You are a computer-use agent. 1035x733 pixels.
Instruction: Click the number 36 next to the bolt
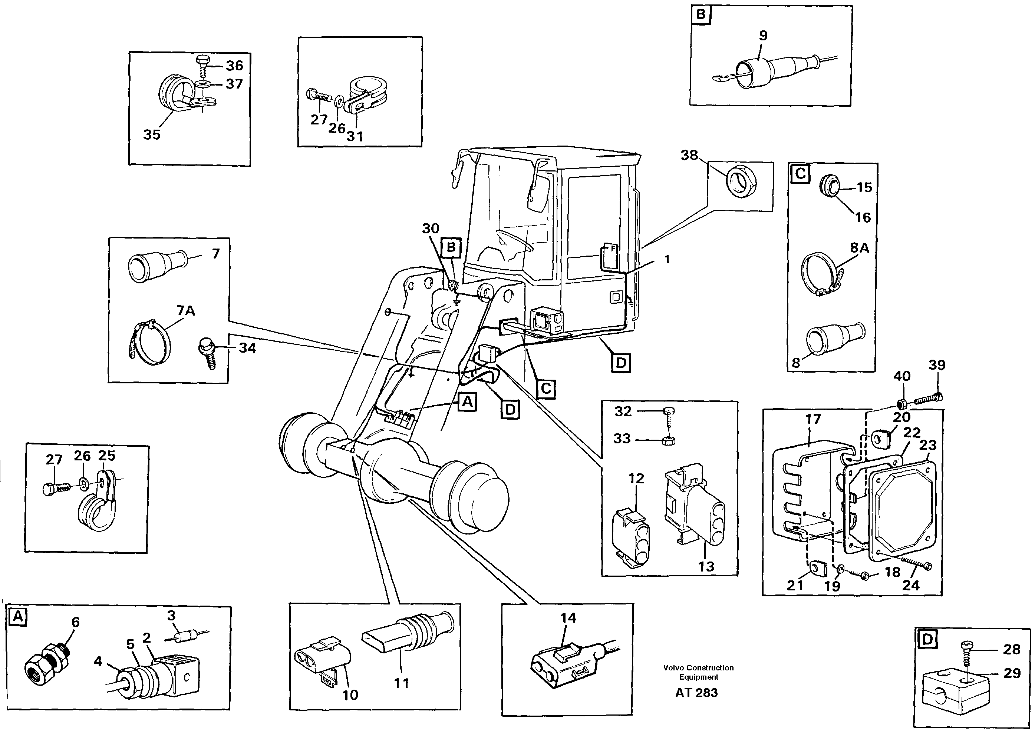234,66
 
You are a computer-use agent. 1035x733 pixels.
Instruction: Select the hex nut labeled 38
742,181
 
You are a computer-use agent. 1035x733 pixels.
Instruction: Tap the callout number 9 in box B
763,36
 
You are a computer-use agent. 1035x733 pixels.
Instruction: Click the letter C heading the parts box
801,174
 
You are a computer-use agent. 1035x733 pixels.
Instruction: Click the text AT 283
696,692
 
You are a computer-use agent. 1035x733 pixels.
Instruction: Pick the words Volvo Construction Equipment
698,672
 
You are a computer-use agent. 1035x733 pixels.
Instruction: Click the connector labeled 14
565,663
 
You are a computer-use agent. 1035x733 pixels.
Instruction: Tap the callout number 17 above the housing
813,419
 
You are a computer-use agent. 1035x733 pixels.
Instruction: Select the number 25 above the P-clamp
107,456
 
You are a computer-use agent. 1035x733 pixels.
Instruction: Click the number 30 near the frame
430,229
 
